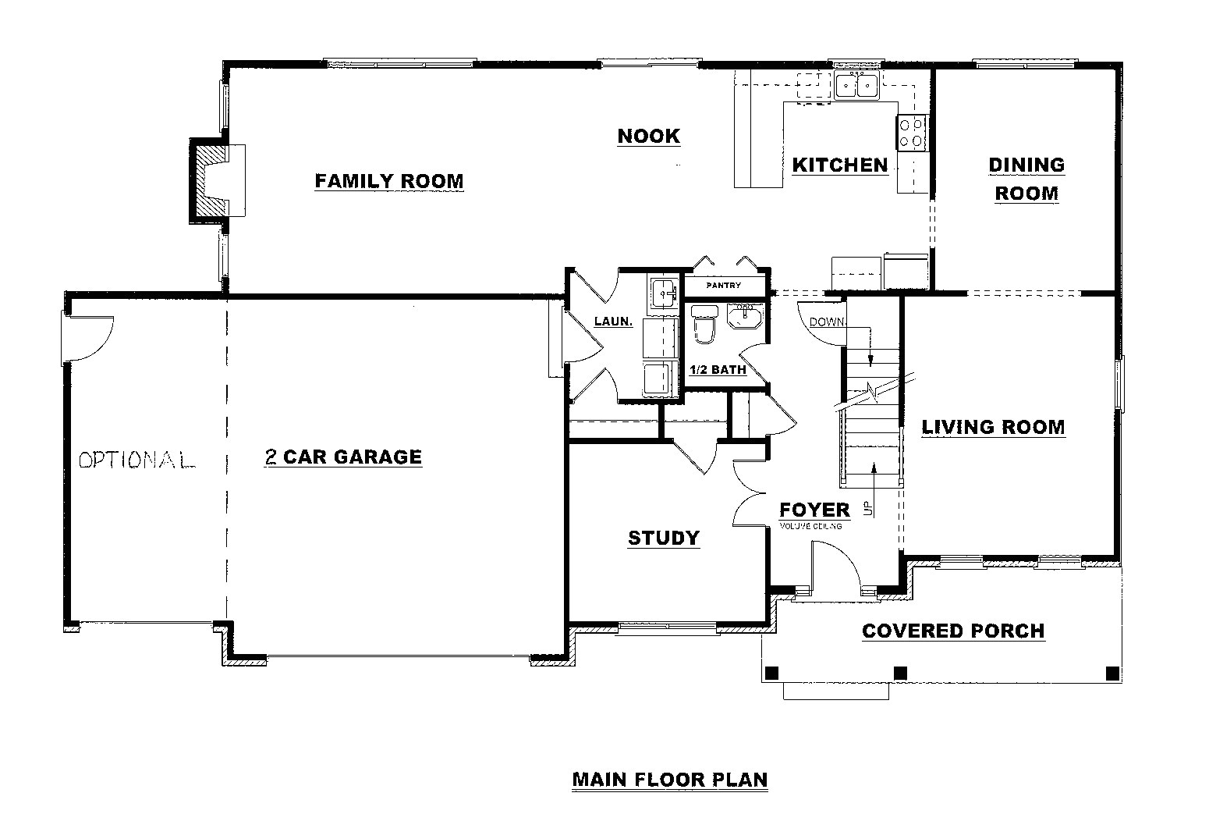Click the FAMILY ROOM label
tap(389, 181)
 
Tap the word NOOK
tap(649, 136)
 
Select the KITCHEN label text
tap(840, 165)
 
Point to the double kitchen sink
tap(856, 86)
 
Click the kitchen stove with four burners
tap(912, 133)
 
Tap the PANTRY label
tap(724, 285)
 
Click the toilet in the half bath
tap(704, 324)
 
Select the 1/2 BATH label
tap(718, 370)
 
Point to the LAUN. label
tap(613, 322)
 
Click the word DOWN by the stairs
tap(827, 322)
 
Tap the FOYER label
tap(814, 510)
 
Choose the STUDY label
tap(664, 538)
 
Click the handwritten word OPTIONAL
tap(137, 460)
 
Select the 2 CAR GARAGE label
tap(343, 457)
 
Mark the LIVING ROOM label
tap(993, 427)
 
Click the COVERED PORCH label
tap(953, 631)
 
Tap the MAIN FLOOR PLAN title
tap(670, 780)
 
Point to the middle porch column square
tap(900, 674)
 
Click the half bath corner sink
tap(746, 315)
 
